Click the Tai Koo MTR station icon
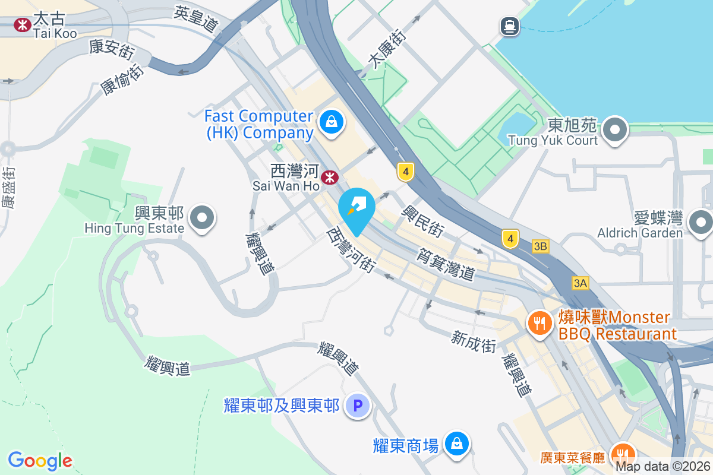tap(23, 25)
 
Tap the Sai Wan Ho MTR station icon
tap(330, 177)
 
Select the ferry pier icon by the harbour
tap(510, 26)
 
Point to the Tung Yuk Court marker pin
tap(615, 129)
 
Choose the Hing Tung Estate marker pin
tap(203, 218)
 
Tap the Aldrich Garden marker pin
tap(701, 223)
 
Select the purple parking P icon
tap(358, 406)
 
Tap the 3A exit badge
tap(581, 283)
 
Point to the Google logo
tap(40, 461)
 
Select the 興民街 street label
tap(423, 221)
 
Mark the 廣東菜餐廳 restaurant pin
tap(621, 454)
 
